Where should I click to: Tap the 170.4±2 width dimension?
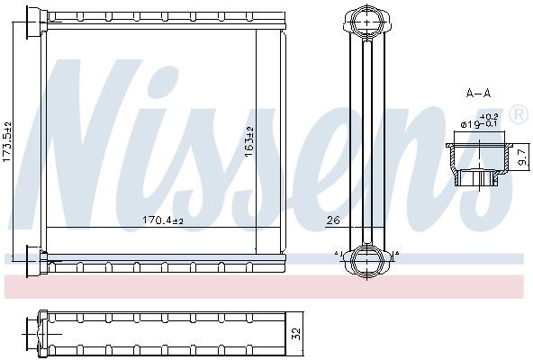click(162, 220)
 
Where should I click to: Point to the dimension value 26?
click(332, 220)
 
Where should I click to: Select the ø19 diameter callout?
click(471, 124)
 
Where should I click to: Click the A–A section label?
click(477, 93)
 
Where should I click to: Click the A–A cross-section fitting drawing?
click(477, 162)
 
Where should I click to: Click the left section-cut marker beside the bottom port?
click(338, 255)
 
